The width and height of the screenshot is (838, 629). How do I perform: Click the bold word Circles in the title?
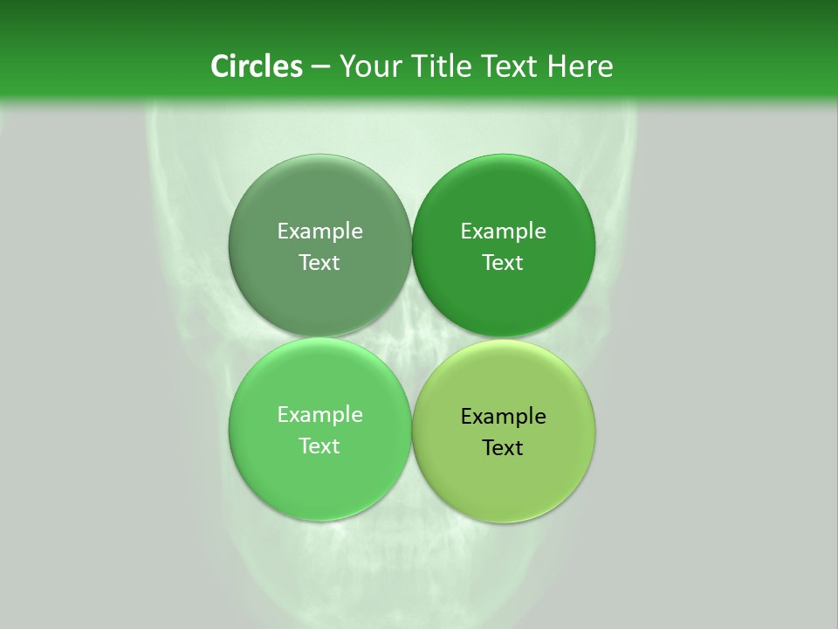click(257, 66)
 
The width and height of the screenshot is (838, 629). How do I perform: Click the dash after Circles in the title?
click(319, 66)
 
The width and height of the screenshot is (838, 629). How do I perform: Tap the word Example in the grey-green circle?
click(319, 231)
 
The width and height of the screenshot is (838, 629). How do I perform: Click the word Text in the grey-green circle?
click(319, 262)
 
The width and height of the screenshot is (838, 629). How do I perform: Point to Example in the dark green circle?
click(503, 231)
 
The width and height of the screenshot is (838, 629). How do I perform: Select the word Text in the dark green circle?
click(503, 262)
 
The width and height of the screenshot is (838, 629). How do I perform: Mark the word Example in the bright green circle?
click(319, 414)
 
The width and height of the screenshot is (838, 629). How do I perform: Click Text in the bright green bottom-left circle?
click(319, 446)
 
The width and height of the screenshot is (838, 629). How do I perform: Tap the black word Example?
click(503, 416)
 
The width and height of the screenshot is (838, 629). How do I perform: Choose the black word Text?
click(503, 447)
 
